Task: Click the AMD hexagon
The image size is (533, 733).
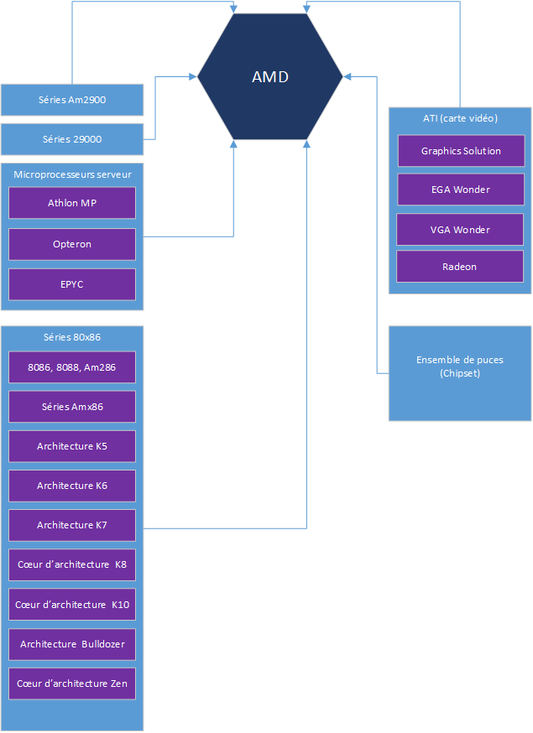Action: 270,77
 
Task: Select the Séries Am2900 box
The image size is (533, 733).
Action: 72,100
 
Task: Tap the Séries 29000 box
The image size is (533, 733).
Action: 72,139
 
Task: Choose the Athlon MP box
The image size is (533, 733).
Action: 72,203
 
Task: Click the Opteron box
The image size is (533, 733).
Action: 72,244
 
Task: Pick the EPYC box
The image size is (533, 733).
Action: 72,284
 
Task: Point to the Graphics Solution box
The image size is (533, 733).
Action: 461,151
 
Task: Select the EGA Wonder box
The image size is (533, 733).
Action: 461,190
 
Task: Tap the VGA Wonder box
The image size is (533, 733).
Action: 460,230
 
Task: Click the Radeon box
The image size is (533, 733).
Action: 460,267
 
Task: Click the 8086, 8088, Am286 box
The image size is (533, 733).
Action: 72,367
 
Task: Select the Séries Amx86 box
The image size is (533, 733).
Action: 72,407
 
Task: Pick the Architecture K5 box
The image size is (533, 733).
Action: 72,446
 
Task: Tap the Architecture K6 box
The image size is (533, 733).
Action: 72,486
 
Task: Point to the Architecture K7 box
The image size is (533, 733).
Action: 72,525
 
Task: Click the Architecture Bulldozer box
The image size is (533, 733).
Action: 72,644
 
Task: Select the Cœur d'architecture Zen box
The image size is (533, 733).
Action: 72,684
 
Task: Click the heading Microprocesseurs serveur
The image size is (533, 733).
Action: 72,174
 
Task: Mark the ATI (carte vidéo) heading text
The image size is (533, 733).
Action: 460,118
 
